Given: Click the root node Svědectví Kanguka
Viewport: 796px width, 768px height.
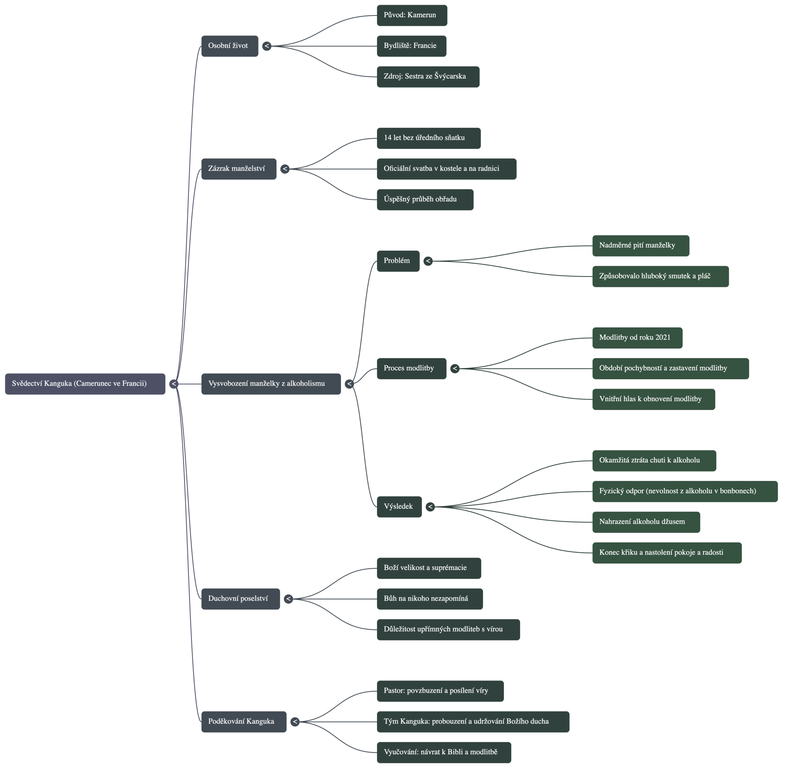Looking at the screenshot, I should pos(85,384).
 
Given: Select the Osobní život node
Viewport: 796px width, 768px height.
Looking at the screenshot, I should pos(229,46).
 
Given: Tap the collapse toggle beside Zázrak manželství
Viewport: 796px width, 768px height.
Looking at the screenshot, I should pos(285,169).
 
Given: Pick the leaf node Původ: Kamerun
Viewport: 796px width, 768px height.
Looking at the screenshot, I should pos(411,16).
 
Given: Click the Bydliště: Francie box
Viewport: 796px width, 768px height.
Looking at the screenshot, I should pos(411,46).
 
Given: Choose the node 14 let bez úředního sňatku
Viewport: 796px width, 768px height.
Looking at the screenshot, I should pos(428,138).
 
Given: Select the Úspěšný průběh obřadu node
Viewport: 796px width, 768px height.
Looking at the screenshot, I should pos(424,199).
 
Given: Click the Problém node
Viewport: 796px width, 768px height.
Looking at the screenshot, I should pos(398,261).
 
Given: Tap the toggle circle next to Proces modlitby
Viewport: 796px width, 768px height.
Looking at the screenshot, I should pos(455,368).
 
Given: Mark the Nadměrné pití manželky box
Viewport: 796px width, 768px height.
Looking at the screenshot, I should pos(641,246).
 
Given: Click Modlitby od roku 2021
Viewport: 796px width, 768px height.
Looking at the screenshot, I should pos(637,338).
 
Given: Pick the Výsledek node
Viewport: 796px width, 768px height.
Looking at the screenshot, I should pos(399,507).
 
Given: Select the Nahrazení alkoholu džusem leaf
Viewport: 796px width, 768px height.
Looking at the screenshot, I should pos(646,522).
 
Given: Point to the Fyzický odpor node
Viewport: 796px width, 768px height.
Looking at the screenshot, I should pos(685,491).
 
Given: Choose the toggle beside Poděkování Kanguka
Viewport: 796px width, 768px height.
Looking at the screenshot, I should pos(295,722).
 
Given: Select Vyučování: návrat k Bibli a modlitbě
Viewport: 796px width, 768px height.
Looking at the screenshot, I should pos(443,752).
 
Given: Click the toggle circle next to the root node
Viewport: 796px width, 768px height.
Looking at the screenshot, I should pos(174,384).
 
